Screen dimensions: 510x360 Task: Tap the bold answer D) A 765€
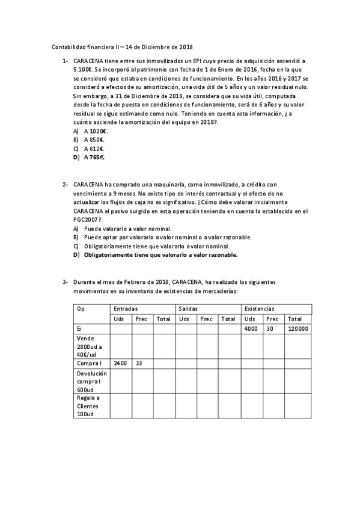(x=89, y=157)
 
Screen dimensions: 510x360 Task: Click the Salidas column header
(x=187, y=309)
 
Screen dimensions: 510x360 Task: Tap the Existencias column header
(x=259, y=309)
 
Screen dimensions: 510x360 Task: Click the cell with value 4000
(x=252, y=329)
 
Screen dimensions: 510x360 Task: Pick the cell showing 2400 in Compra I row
(x=120, y=363)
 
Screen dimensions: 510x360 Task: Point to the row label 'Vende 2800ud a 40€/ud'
(x=90, y=347)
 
